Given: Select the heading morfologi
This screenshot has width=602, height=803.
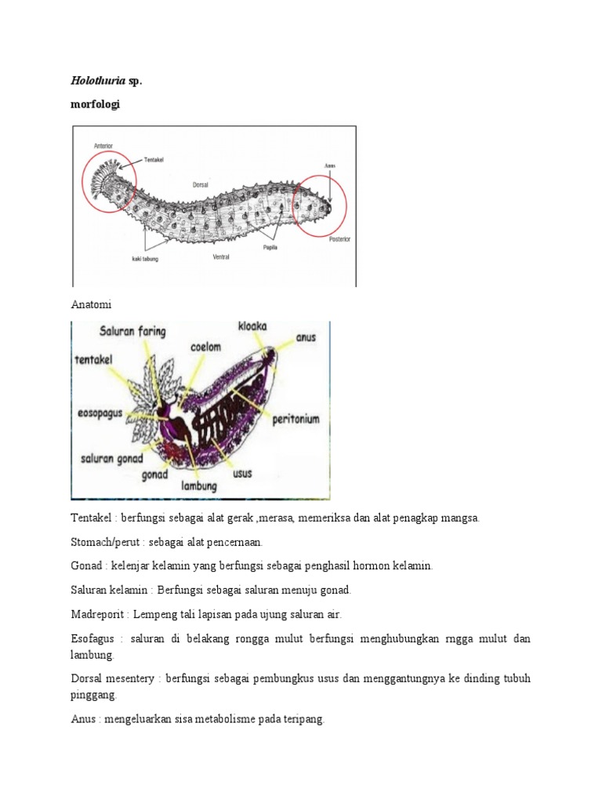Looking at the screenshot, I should click(x=96, y=104).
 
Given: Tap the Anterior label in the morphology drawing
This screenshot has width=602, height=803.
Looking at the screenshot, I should click(x=103, y=145).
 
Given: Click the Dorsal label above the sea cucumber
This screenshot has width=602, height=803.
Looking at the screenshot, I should click(x=201, y=185).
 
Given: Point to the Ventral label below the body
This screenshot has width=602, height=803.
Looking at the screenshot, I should click(x=221, y=256).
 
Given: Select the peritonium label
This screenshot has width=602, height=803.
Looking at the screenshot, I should click(x=296, y=420).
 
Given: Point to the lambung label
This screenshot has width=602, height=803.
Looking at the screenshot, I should click(x=199, y=485).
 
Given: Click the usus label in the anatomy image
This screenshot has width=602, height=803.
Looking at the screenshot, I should click(x=242, y=474).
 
